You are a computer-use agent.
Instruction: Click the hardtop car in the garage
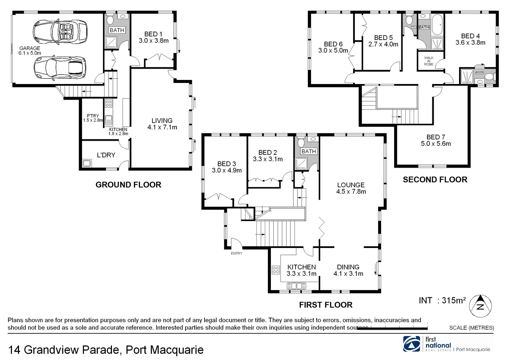click(60, 68)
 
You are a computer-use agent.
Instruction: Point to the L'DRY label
click(106, 155)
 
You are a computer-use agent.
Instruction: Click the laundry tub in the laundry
click(87, 163)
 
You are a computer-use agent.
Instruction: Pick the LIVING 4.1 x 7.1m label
click(162, 124)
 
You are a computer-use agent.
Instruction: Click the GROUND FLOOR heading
click(128, 185)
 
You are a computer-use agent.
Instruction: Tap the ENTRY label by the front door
click(237, 253)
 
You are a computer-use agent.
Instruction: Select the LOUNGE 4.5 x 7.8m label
click(351, 188)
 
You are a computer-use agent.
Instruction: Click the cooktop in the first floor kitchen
click(275, 270)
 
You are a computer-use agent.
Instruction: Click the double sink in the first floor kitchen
click(296, 286)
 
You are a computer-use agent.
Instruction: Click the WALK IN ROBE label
click(429, 61)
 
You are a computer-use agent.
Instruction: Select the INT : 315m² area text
click(442, 300)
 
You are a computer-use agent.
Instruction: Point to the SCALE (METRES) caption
click(471, 328)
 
